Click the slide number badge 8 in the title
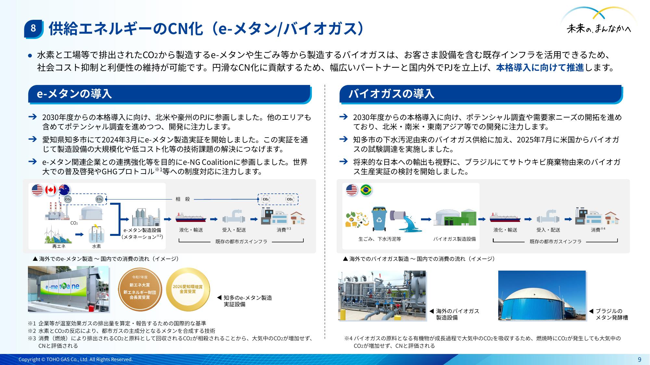[x=33, y=29]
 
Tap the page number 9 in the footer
[x=639, y=359]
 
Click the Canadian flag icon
[x=51, y=190]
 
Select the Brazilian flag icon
[x=366, y=190]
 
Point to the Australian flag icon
[x=64, y=190]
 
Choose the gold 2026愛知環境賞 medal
[x=188, y=289]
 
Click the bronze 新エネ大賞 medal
[x=140, y=289]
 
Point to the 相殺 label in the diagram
[x=183, y=199]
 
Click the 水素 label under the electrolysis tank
[x=96, y=246]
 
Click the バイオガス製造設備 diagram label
[x=454, y=239]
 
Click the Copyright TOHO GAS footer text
[x=76, y=359]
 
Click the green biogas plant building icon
[x=456, y=217]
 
